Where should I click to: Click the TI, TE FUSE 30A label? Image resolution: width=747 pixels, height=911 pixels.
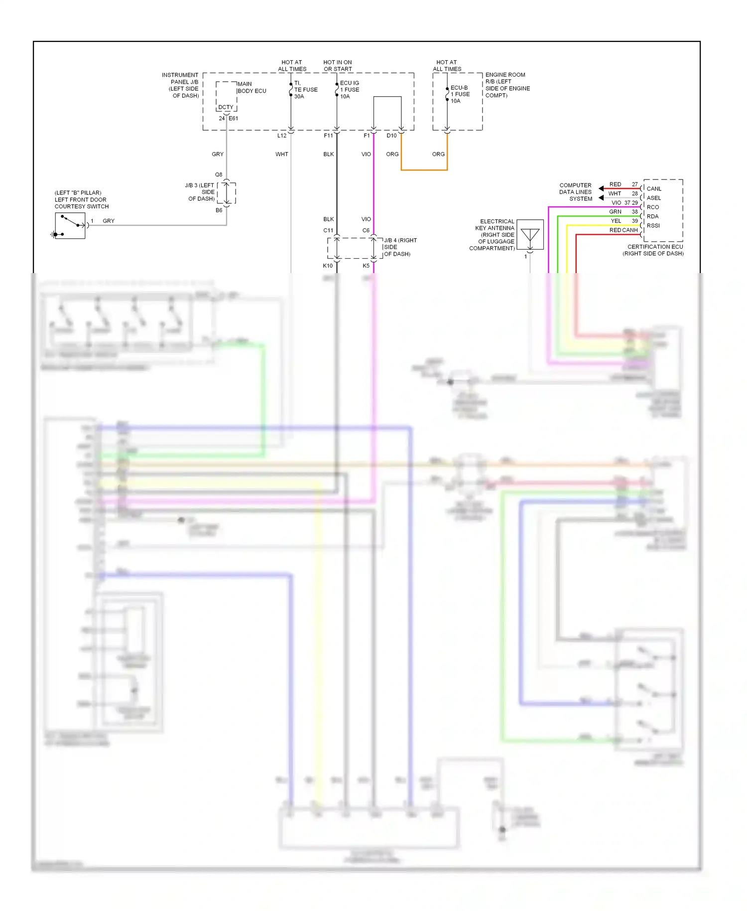[x=305, y=90]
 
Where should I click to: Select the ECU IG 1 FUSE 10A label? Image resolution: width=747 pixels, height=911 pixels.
[x=349, y=90]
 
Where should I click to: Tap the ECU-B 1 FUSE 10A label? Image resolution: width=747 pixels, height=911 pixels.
[x=460, y=94]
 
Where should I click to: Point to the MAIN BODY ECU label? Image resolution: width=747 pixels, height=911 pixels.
[x=251, y=87]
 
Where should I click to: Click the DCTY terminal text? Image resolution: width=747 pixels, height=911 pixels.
[x=226, y=107]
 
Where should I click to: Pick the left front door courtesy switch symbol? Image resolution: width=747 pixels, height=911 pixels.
[x=70, y=226]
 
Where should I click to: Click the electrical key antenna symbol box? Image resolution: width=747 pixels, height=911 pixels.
[x=530, y=235]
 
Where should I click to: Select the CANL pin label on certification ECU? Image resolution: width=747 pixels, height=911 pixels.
[x=654, y=189]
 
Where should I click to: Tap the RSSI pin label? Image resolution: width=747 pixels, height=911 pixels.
[x=653, y=226]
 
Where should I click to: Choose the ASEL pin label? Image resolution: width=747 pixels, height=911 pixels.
[x=653, y=198]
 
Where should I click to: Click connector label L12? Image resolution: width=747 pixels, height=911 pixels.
[x=282, y=136]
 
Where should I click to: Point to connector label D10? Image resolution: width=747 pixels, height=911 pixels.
[x=391, y=136]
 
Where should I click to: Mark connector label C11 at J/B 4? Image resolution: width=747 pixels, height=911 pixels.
[x=328, y=230]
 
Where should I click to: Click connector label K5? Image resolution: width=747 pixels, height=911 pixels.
[x=366, y=266]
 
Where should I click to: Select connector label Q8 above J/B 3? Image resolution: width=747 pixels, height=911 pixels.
[x=219, y=174]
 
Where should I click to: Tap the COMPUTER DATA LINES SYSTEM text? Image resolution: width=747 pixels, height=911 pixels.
[x=575, y=192]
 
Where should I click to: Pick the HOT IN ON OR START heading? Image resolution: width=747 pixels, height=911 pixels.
[x=338, y=66]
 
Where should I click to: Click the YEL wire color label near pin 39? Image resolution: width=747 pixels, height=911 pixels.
[x=616, y=221]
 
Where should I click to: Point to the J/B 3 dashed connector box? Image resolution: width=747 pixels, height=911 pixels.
[x=227, y=193]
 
